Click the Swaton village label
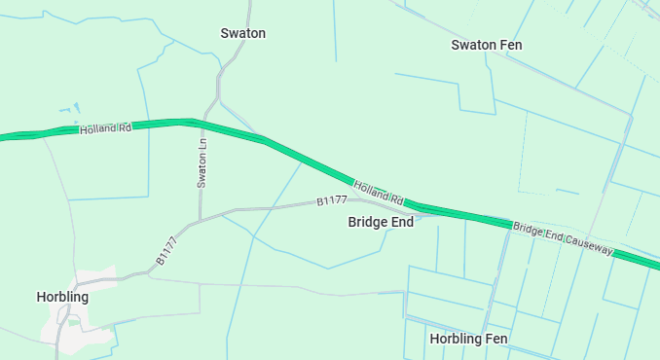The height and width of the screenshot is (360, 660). coord(243,33)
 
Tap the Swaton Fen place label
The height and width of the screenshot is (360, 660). coord(487,46)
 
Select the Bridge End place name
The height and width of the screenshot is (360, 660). coord(381,222)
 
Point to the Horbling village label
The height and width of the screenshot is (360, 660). coord(62,297)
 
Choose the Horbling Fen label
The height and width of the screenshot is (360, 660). coord(468,339)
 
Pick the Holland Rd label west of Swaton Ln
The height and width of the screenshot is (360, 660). coord(105,127)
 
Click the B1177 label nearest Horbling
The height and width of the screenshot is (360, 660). coord(166,251)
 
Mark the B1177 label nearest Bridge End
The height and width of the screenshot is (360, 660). coord(332,200)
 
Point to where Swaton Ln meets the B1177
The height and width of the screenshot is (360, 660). coord(200,220)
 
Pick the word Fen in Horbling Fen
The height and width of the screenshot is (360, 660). coord(495,339)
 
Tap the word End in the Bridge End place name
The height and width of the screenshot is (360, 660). coord(400,222)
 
